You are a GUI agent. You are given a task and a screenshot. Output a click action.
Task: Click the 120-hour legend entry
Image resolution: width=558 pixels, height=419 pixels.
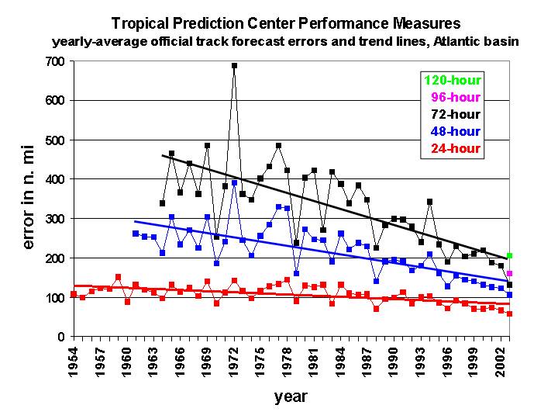453,80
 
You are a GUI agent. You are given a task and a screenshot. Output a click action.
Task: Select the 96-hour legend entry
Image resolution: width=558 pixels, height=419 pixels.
457,97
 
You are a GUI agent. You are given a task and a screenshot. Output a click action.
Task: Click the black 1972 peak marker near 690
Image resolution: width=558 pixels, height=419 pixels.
234,66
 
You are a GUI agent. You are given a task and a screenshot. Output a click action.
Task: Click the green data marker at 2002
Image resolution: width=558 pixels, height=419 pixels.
509,256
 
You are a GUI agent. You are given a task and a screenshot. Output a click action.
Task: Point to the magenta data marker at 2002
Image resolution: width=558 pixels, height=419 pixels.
509,273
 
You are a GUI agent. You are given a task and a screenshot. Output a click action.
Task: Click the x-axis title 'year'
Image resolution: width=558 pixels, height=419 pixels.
291,397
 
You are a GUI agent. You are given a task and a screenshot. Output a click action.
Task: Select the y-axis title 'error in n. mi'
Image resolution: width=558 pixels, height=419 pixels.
29,199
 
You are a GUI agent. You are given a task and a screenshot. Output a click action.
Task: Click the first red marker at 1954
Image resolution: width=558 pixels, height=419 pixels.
74,294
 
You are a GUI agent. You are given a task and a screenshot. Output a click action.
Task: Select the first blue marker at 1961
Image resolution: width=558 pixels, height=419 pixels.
136,234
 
